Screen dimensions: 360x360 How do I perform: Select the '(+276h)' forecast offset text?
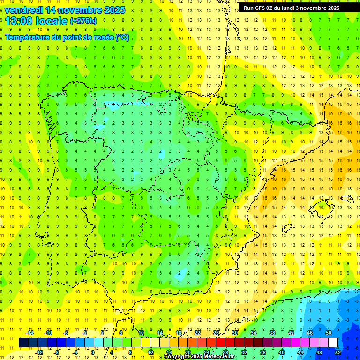click(83, 21)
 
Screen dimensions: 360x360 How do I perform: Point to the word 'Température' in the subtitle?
click(27, 37)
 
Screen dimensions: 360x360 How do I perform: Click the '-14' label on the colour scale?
click(30, 333)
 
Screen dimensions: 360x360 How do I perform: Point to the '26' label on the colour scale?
click(216, 333)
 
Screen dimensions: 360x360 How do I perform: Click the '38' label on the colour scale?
click(272, 333)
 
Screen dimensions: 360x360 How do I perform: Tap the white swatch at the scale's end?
click(333, 343)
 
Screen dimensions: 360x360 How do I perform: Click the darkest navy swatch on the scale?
click(23, 343)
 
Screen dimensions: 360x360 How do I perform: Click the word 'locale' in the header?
click(52, 20)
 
